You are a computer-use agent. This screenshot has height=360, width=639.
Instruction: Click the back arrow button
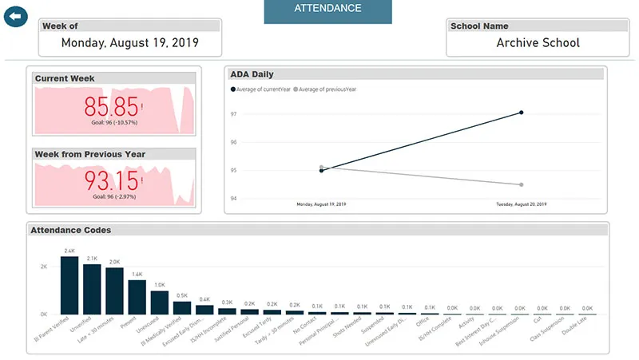(x=15, y=15)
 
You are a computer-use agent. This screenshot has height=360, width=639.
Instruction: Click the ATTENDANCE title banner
(x=327, y=10)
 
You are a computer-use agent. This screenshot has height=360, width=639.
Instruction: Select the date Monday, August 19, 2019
(x=129, y=42)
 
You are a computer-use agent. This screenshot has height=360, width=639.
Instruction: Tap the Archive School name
(x=538, y=42)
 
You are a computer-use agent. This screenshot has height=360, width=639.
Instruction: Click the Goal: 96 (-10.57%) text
(x=115, y=123)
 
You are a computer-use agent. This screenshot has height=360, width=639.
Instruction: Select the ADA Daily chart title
(x=252, y=74)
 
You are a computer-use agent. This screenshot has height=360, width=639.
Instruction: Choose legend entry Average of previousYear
(x=326, y=89)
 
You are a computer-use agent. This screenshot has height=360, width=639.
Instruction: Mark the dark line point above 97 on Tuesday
(x=521, y=113)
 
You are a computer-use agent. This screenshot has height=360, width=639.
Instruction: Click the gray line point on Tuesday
(x=521, y=184)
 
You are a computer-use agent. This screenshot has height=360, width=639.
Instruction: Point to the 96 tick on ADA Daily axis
(x=232, y=142)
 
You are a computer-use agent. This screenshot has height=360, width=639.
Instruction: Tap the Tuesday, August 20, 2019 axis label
(x=521, y=205)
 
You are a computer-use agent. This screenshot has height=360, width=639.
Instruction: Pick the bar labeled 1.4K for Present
(x=137, y=297)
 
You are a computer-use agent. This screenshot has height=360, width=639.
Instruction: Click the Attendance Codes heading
(x=70, y=230)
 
